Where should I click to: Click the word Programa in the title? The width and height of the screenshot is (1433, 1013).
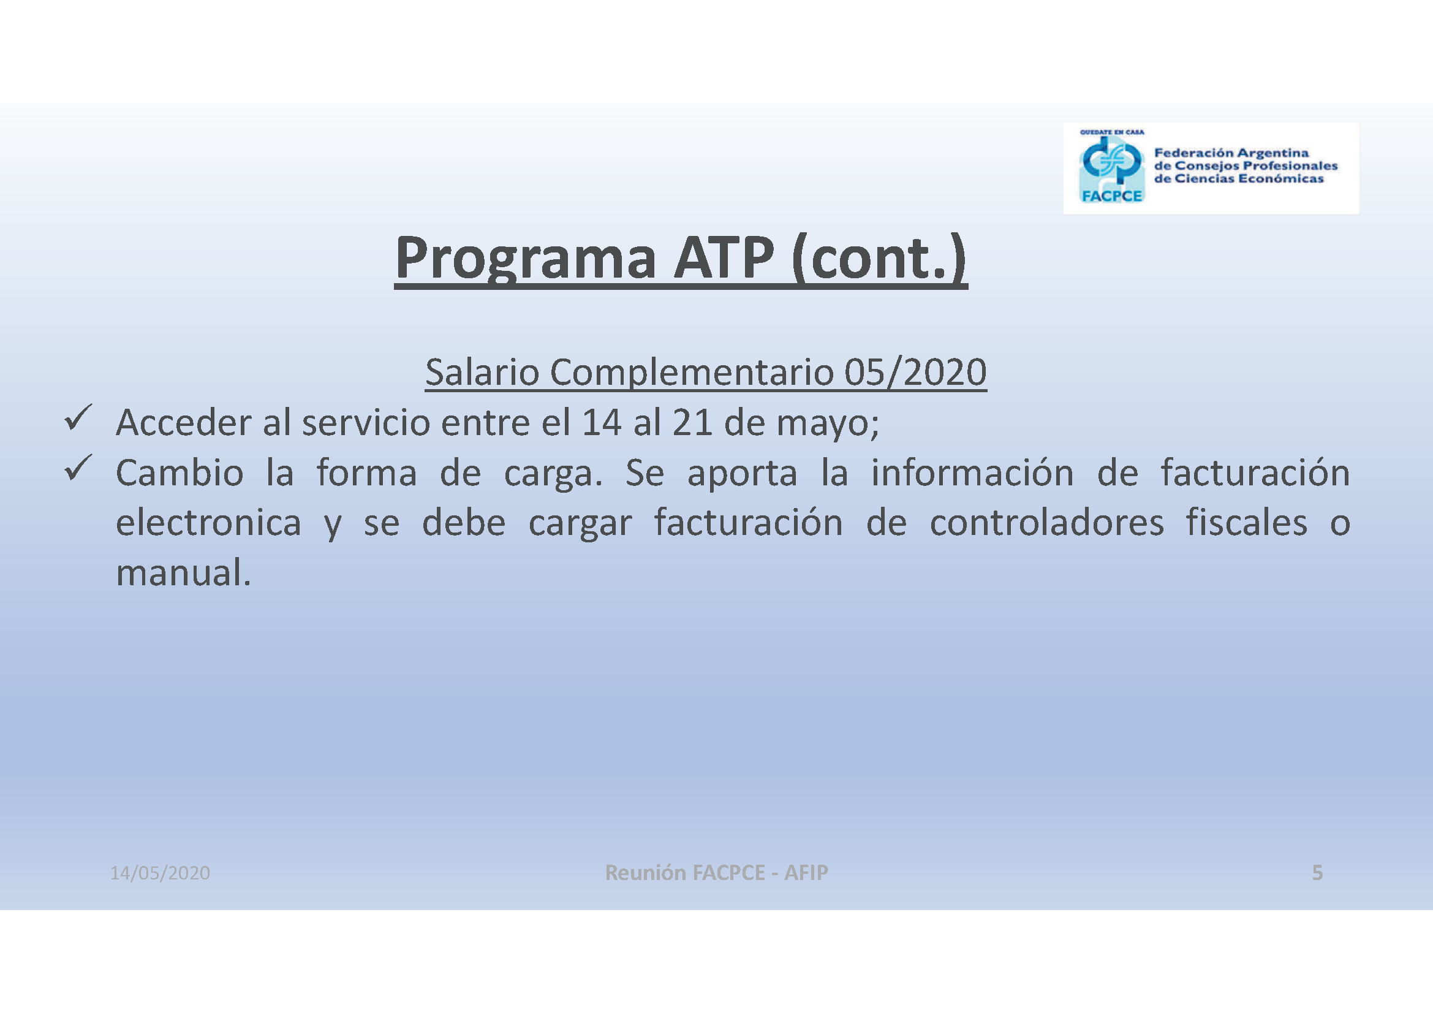[x=526, y=259]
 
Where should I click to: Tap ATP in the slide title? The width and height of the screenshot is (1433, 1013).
[x=724, y=257]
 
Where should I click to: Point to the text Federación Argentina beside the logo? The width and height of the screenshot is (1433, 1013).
[x=1231, y=153]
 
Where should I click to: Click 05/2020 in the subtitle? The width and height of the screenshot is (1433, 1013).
[x=915, y=373]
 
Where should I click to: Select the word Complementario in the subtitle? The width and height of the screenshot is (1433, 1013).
[x=692, y=373]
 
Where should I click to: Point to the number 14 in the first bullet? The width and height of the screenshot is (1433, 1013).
[x=601, y=423]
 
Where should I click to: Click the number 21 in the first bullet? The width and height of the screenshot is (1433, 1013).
[x=692, y=423]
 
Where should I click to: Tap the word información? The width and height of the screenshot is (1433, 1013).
[x=972, y=472]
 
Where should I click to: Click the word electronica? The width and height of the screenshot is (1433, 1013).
[x=208, y=522]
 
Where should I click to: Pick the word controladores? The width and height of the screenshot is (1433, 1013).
[x=1046, y=522]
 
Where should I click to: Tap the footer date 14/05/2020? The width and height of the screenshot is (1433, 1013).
[x=160, y=873]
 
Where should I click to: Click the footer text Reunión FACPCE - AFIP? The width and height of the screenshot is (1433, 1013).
[x=717, y=872]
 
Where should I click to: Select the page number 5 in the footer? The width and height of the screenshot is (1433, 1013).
[x=1317, y=873]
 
